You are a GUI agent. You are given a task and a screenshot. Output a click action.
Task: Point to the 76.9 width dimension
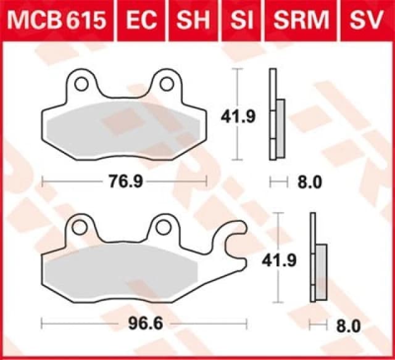(122, 182)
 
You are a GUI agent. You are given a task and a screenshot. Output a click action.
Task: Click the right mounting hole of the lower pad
(163, 227)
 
